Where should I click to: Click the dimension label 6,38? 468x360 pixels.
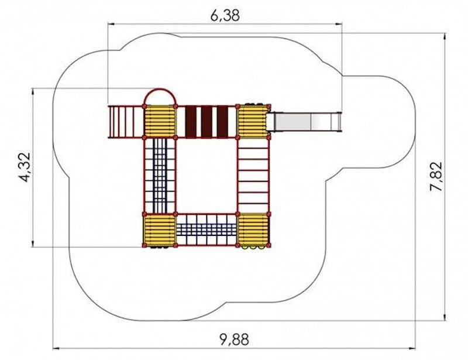[225, 15]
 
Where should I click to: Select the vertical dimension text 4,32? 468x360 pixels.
[25, 167]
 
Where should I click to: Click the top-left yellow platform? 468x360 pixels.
[160, 121]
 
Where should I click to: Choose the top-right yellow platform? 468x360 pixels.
[253, 121]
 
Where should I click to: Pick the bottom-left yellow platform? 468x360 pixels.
[160, 229]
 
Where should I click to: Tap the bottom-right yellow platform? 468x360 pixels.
[253, 229]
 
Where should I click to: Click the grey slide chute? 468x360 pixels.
[304, 121]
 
